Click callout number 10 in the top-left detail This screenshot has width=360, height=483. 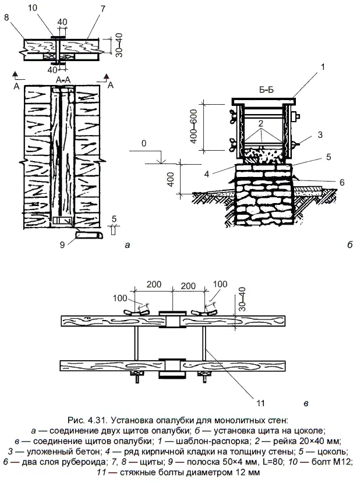[x=49, y=8]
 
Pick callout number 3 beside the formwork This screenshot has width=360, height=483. [x=320, y=134]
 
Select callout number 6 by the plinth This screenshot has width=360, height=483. [x=342, y=182]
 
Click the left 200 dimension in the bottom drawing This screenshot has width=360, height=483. [x=154, y=286]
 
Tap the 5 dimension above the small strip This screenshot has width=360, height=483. [x=114, y=218]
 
